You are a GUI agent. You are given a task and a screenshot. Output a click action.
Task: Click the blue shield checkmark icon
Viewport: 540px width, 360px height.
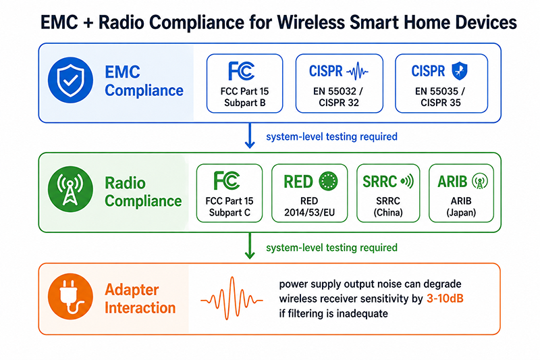pos(70,80)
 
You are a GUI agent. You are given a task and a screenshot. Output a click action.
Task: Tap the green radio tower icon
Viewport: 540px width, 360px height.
pos(70,189)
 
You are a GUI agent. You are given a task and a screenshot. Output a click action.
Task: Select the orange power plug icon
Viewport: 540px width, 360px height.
pos(70,297)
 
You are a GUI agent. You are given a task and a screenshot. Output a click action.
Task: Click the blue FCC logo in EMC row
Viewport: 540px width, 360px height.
pos(241,71)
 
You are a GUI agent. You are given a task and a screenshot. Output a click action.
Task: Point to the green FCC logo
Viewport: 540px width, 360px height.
pos(227,180)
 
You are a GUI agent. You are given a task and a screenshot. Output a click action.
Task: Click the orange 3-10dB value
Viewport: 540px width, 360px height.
pos(445,299)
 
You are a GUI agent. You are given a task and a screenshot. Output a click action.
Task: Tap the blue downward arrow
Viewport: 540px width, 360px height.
pos(250,135)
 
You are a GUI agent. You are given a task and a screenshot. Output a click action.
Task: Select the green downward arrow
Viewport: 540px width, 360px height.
pos(250,246)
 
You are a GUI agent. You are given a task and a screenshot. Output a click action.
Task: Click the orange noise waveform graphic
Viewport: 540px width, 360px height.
pos(232,299)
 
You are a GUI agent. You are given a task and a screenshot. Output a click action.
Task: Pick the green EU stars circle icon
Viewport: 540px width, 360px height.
pos(328,181)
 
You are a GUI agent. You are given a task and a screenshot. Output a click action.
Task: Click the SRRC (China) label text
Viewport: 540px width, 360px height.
pos(388,207)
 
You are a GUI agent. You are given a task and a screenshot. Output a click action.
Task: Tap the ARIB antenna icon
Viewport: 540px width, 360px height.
pos(480,181)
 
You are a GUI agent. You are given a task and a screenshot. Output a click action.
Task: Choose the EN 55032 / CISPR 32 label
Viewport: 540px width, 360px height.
pos(338,97)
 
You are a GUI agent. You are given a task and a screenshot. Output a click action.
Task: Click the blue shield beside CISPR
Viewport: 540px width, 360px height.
pos(460,71)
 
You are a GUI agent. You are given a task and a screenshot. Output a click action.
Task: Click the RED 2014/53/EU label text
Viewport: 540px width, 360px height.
pos(309,207)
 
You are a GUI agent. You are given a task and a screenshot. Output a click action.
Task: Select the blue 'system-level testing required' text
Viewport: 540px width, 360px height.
pos(331,136)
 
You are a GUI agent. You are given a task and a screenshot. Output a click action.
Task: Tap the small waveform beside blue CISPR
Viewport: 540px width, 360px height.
pos(357,72)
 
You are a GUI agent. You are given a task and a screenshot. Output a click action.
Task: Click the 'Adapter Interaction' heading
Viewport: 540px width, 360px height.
pos(140,299)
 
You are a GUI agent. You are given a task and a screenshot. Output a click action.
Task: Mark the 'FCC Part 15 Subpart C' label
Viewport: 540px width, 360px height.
pos(230,207)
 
